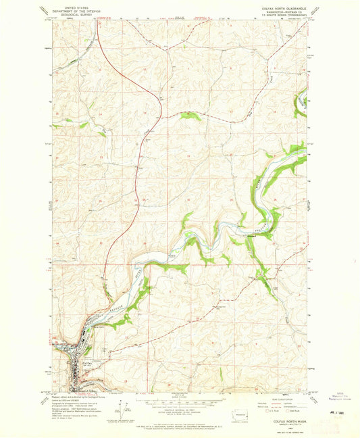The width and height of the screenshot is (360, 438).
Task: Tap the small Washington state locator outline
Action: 242,414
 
